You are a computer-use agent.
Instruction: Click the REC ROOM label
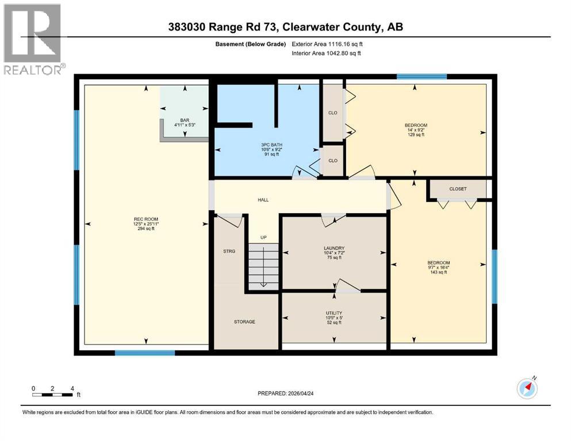point(143,218)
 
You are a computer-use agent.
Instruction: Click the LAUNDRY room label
point(334,248)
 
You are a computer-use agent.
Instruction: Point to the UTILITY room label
point(334,313)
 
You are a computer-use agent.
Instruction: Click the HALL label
point(263,200)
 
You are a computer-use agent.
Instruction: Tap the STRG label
point(229,251)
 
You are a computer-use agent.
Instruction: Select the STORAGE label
point(244,322)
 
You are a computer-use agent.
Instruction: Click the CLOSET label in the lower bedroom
point(458,189)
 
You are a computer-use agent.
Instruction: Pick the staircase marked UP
point(263,266)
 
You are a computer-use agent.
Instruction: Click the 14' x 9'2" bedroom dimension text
point(416,130)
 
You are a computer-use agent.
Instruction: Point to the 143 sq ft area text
point(438,272)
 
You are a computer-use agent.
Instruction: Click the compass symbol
point(527,388)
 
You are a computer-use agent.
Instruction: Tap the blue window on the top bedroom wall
point(421,76)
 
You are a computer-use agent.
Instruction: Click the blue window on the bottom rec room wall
point(136,353)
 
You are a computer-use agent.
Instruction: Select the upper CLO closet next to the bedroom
point(332,113)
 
